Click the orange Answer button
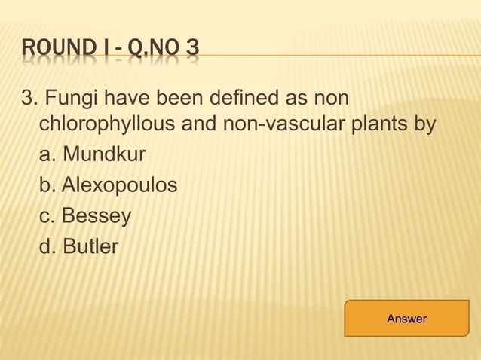406,319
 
